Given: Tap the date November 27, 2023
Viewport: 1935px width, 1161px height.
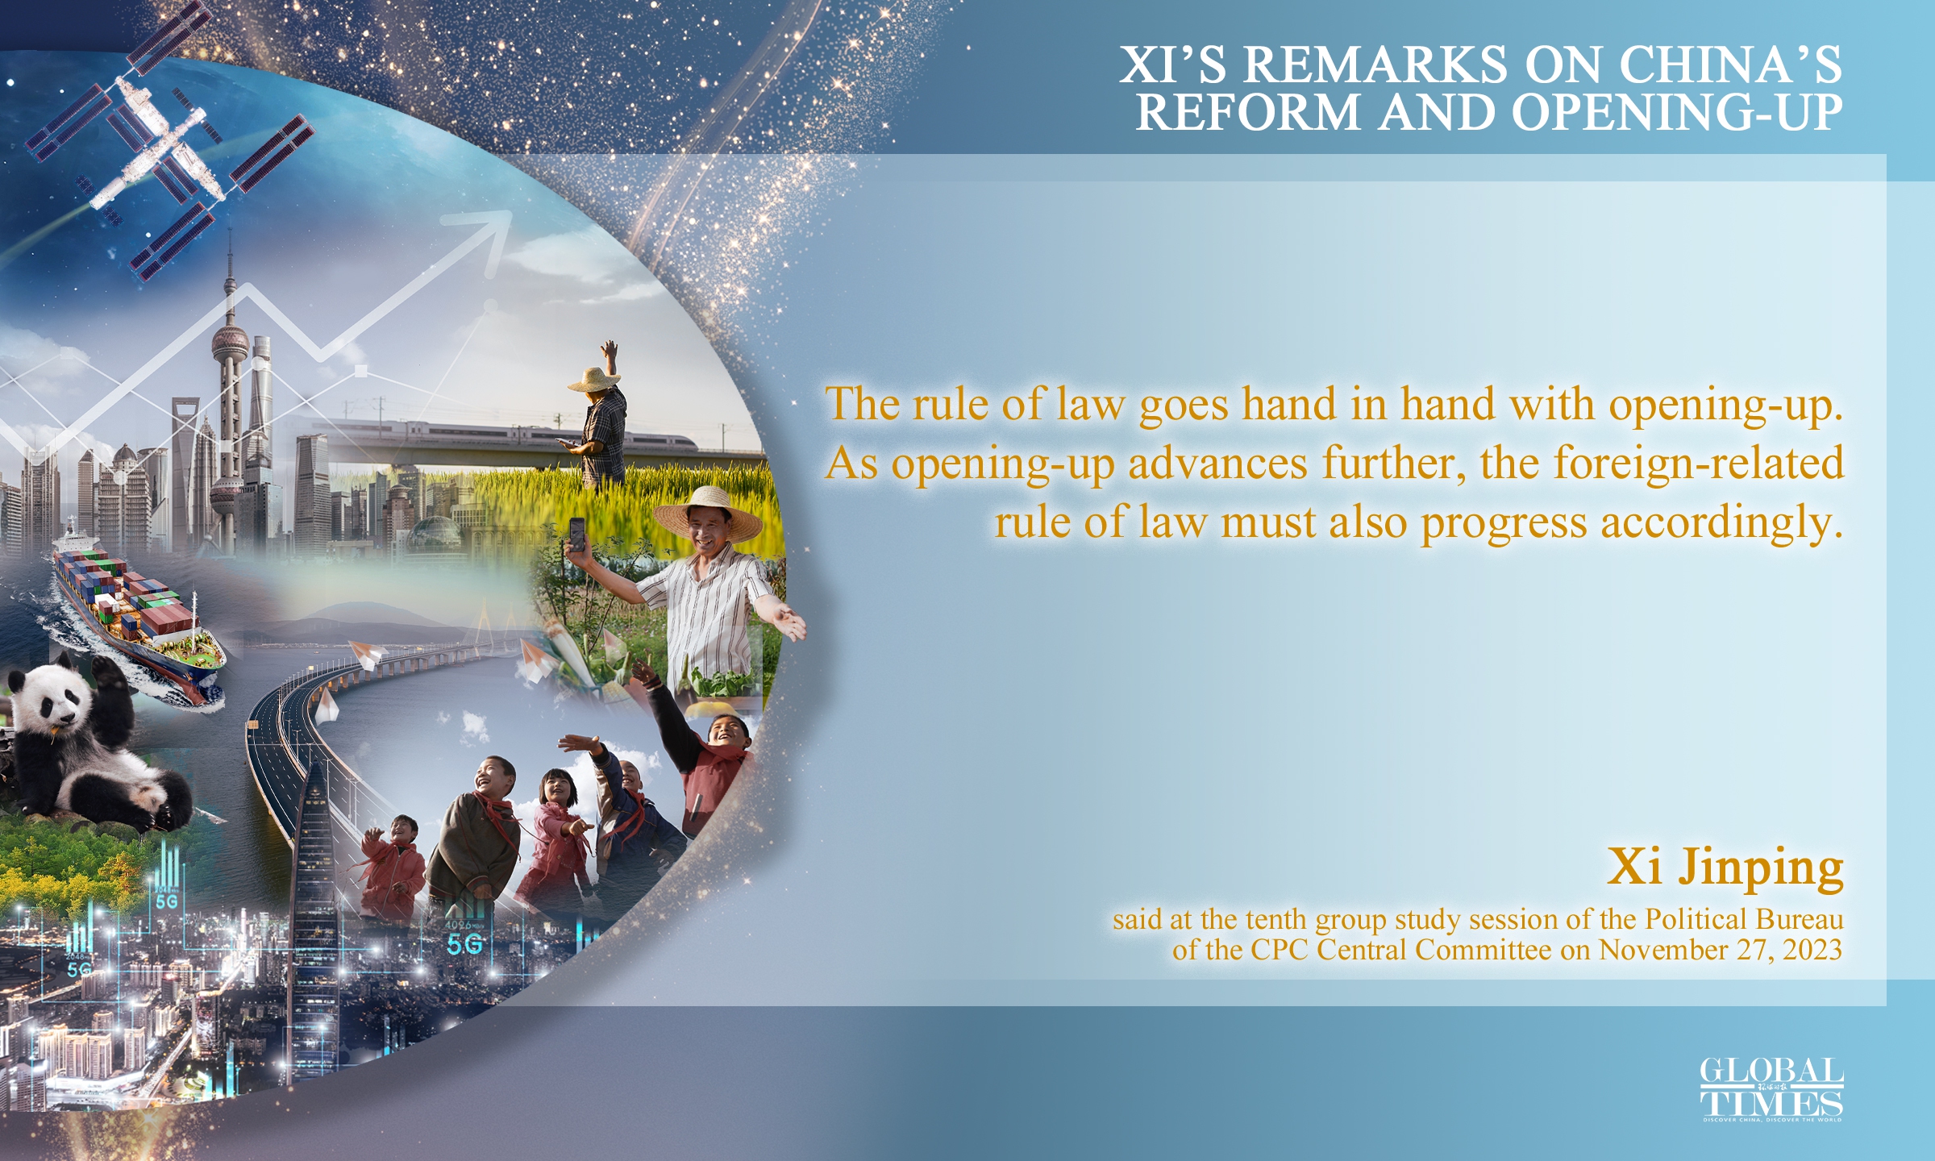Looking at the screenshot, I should (x=1721, y=950).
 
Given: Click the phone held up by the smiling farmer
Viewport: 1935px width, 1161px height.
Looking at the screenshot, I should (x=577, y=534).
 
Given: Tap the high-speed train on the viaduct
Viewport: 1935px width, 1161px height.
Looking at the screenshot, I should (x=516, y=433).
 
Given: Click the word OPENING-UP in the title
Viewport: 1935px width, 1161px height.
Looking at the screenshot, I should (x=1677, y=113).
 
